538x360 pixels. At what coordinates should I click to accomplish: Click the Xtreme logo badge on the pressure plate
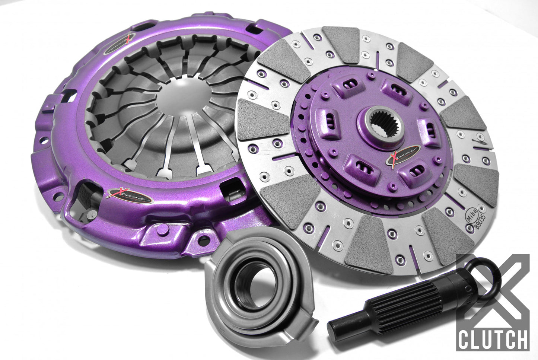click(129, 195)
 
